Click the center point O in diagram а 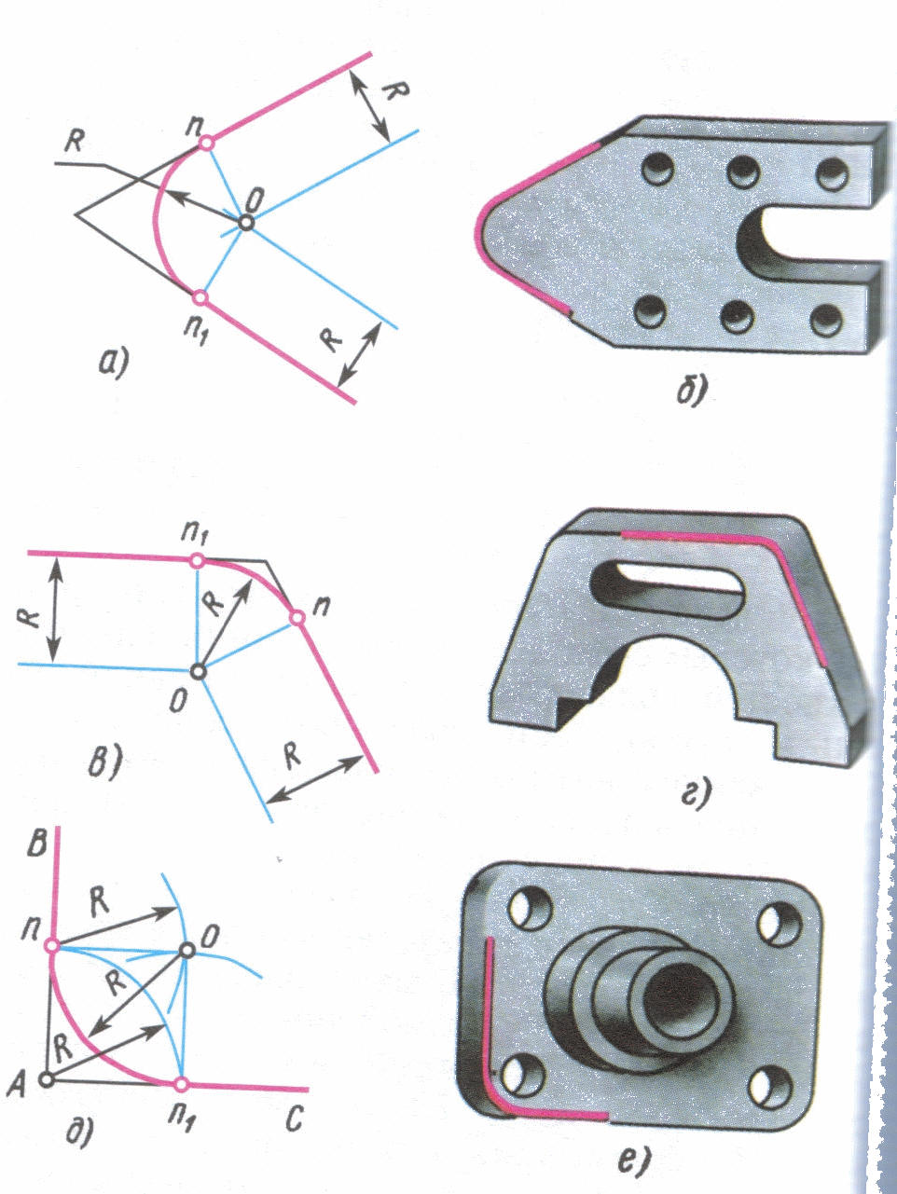coord(246,223)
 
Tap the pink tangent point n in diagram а coord(206,143)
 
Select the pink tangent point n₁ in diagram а coord(200,297)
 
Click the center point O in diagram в coord(200,671)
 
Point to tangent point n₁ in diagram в coord(197,561)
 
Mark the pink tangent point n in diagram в coord(297,617)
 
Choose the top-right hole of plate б coord(833,174)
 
